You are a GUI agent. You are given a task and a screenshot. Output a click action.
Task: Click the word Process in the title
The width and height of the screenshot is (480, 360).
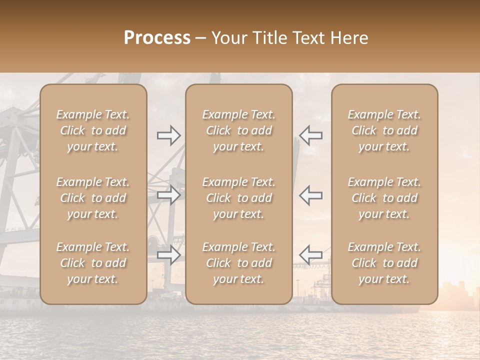pos(157,38)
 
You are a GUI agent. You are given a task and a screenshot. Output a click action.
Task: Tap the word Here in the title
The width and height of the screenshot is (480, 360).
pos(349,38)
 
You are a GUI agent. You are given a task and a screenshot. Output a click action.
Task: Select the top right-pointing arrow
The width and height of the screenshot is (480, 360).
pos(168,135)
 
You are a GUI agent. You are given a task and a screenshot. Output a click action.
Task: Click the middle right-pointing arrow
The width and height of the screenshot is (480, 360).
pos(168,195)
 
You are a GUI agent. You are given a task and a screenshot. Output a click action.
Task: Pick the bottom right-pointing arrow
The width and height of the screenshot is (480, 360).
pos(168,255)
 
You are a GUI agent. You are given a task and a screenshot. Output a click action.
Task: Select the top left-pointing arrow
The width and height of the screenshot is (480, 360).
pos(310,135)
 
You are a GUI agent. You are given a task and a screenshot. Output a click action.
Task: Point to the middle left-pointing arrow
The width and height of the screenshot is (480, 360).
pos(310,195)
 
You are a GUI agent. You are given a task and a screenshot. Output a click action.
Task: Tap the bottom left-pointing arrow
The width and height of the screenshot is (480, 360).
pos(310,255)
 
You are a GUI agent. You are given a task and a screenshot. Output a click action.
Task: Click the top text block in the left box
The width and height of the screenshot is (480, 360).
pos(93,130)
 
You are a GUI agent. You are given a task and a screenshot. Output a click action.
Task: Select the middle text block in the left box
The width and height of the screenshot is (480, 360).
pos(93,198)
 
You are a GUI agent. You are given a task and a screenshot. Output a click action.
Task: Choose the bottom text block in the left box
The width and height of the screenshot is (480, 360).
pos(93,263)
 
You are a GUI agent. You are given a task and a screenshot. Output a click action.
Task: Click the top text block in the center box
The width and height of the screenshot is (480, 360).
pos(239,130)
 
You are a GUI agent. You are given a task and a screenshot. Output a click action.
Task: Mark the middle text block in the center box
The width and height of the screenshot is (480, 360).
pos(239,198)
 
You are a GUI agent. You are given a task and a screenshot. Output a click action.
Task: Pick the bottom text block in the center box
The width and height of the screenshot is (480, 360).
pos(239,263)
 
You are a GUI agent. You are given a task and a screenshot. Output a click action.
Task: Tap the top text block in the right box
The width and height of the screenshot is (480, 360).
pos(384,130)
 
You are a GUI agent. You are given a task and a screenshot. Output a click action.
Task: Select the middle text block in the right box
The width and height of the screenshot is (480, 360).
pos(384,198)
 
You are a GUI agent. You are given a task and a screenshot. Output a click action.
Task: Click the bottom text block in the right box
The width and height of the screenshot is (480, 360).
pos(384,263)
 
